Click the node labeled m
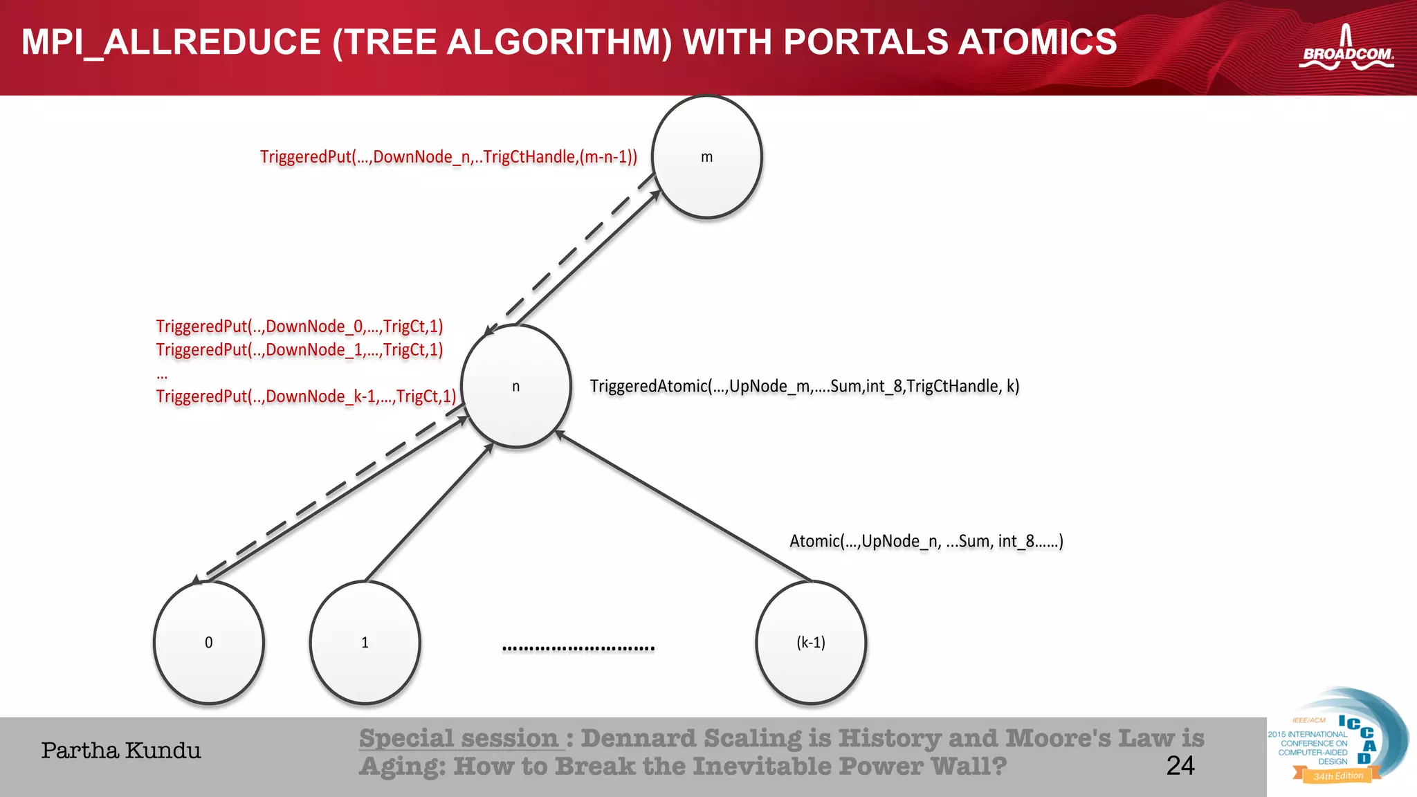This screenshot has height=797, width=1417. click(x=706, y=157)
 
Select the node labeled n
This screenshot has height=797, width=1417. click(x=515, y=386)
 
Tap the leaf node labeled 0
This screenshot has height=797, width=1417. click(x=208, y=642)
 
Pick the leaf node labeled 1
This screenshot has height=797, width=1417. click(x=365, y=642)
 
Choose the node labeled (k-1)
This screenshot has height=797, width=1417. click(x=810, y=642)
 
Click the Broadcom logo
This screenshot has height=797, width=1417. click(x=1346, y=50)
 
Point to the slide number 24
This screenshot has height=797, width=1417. click(x=1180, y=765)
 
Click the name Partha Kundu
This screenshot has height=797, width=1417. click(x=121, y=751)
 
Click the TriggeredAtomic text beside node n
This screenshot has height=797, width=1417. click(x=804, y=386)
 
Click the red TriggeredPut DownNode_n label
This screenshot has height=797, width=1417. click(x=448, y=157)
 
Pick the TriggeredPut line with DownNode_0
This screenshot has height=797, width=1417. click(x=299, y=326)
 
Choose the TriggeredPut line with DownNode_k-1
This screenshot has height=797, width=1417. click(x=306, y=396)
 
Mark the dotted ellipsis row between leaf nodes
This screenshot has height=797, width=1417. click(x=578, y=648)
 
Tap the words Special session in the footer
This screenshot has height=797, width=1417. click(x=458, y=738)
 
